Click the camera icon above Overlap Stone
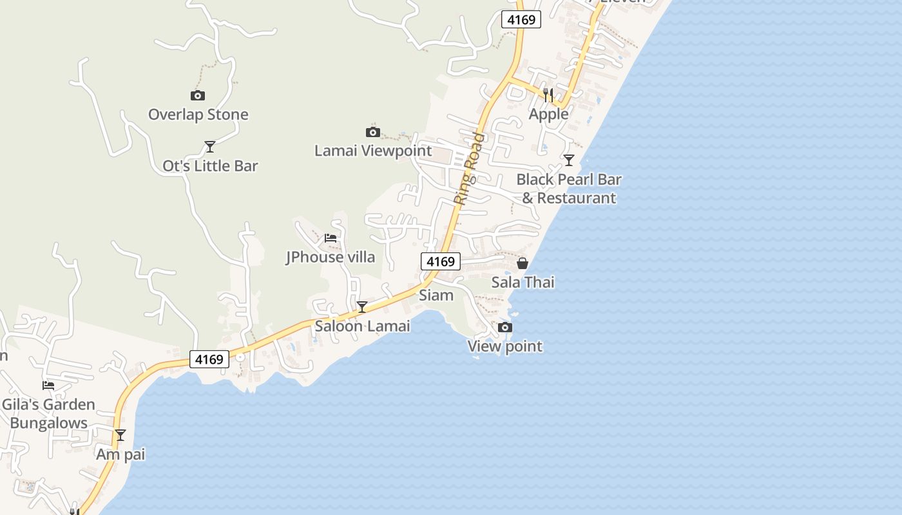198,95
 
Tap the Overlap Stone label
198,115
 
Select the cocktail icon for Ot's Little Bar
209,147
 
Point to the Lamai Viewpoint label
373,151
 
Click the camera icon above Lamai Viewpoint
372,132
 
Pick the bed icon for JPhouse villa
331,238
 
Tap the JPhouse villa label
331,257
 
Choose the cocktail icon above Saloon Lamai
362,307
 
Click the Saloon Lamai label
362,326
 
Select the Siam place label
436,295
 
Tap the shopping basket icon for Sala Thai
523,263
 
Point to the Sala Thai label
523,282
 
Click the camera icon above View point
505,327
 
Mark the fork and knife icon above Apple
548,95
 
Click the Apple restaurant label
548,115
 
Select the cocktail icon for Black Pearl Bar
568,160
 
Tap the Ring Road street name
469,168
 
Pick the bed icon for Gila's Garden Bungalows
48,386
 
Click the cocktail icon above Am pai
120,435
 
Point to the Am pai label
120,454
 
